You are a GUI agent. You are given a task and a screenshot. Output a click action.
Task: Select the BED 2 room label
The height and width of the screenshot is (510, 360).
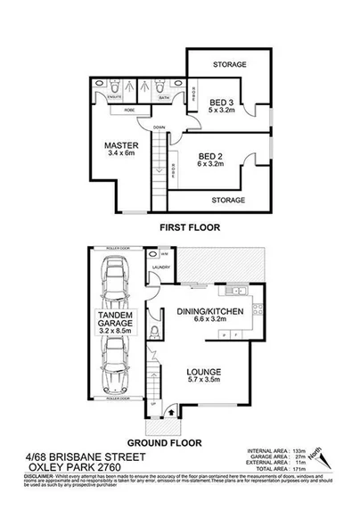pyautogui.click(x=212, y=155)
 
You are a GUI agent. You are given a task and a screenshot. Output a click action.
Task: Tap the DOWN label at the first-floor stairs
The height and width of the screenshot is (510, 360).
pyautogui.click(x=158, y=127)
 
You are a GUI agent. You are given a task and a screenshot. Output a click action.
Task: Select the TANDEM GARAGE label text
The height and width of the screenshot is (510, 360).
pyautogui.click(x=115, y=322)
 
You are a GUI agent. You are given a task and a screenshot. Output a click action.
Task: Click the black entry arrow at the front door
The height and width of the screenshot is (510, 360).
pyautogui.click(x=171, y=414)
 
